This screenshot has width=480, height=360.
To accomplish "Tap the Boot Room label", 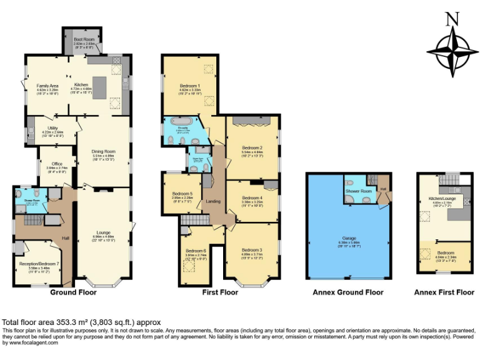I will coord(84,39).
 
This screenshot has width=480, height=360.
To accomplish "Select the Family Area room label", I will coord(47,86).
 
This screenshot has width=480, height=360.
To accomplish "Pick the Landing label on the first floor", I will coord(212,201).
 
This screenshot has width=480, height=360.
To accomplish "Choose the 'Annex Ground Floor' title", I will coord(348,292).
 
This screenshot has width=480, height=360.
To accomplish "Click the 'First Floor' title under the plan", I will coord(220,292).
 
